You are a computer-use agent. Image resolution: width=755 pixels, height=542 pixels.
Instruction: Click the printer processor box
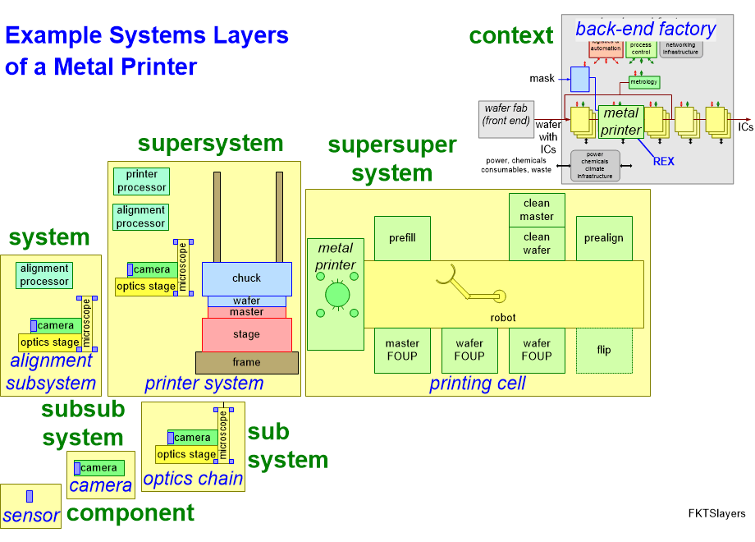(x=141, y=181)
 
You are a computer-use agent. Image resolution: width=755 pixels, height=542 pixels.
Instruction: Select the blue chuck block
(x=246, y=278)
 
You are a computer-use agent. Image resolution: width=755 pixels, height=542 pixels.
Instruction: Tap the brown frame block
(x=246, y=362)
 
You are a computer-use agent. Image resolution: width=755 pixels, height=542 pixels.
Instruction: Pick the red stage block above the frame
(x=246, y=334)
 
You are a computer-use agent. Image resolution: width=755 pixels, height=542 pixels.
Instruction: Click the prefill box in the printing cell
(x=402, y=238)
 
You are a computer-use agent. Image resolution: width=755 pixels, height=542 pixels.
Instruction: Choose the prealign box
(x=604, y=238)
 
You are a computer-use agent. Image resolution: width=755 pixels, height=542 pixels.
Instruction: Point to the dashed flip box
(x=604, y=350)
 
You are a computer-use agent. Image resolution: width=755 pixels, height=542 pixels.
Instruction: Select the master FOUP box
(x=402, y=350)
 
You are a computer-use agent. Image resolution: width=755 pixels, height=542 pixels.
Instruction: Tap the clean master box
(x=538, y=209)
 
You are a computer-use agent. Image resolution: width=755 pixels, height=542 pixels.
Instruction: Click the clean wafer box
(x=538, y=244)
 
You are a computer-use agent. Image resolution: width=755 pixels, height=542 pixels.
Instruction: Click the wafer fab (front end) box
(x=506, y=114)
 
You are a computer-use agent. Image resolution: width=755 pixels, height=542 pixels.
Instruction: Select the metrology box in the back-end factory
(x=644, y=82)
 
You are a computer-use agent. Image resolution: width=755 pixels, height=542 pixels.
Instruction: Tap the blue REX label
(x=663, y=161)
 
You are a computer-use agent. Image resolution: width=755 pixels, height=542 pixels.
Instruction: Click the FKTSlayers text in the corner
(x=716, y=514)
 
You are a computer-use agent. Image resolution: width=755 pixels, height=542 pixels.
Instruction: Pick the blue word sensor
(x=31, y=516)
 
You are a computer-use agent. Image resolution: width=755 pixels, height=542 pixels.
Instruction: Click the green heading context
(x=511, y=36)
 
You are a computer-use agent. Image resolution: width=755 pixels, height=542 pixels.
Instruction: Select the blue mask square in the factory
(x=580, y=79)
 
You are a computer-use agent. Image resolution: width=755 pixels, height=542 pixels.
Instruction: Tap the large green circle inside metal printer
(x=336, y=293)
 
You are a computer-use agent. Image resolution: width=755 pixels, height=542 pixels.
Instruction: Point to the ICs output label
(x=745, y=127)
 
